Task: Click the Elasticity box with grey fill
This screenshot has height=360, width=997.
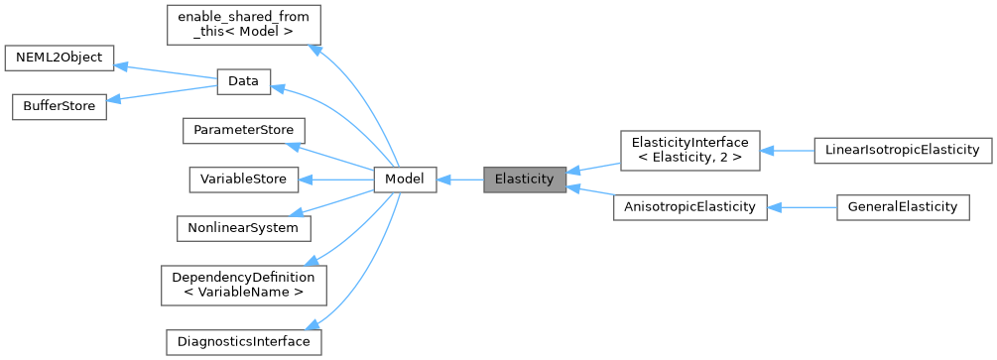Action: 525,180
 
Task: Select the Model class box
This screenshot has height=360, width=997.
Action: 405,180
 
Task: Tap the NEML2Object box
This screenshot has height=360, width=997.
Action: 59,58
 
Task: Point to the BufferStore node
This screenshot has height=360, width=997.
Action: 59,107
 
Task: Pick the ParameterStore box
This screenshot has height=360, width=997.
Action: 243,131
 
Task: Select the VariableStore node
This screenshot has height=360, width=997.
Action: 243,180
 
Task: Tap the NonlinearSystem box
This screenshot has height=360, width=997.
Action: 243,227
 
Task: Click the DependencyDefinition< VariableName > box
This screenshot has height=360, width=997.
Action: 243,284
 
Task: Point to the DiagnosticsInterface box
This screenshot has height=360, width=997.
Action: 243,341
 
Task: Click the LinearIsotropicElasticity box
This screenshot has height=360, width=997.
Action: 902,151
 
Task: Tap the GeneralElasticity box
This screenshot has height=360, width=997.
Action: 902,207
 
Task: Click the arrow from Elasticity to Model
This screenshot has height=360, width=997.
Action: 459,180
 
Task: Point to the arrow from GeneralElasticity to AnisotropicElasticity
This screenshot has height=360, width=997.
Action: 802,207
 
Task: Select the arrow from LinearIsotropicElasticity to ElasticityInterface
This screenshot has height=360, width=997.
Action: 787,151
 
